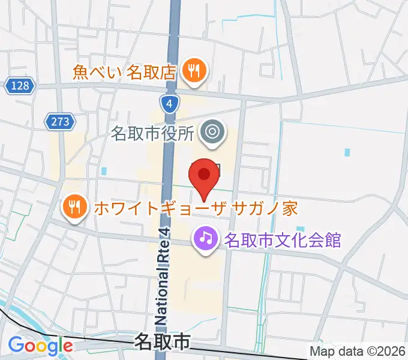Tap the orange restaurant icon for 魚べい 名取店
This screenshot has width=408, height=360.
[194, 72]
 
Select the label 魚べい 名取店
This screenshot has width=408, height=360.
[124, 73]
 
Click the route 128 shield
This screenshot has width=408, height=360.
[20, 86]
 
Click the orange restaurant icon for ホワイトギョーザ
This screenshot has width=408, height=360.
[74, 209]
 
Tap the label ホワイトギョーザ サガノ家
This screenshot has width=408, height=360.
[194, 209]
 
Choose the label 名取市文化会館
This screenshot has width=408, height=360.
[283, 241]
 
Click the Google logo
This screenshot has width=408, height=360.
[40, 346]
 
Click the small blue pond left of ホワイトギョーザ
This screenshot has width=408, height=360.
[104, 171]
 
